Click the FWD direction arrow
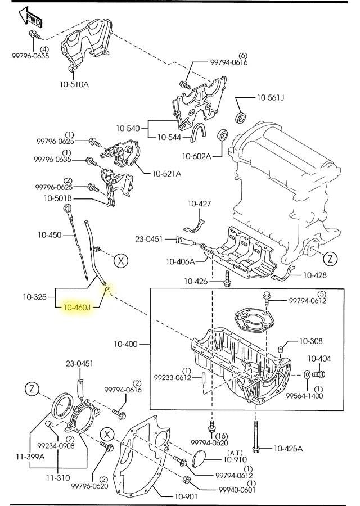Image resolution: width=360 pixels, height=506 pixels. click(30, 17)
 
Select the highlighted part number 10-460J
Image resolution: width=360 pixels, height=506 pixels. click(77, 308)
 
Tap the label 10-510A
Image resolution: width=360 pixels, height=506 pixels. click(74, 84)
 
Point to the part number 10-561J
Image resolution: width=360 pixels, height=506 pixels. click(271, 97)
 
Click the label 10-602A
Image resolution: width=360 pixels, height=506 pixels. click(197, 156)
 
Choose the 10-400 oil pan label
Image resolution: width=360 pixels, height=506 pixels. click(125, 344)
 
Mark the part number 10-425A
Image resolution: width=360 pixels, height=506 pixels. click(289, 448)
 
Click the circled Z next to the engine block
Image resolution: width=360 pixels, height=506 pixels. click(330, 258)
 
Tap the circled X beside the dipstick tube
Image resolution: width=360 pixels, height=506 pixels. click(121, 260)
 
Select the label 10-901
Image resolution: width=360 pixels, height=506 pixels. click(186, 496)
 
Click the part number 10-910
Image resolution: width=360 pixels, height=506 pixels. click(235, 459)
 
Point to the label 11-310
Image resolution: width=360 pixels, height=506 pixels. click(58, 477)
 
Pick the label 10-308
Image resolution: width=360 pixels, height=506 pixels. click(311, 341)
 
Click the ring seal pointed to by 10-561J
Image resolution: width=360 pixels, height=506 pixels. click(241, 118)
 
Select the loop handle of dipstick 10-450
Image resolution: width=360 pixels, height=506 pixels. click(67, 207)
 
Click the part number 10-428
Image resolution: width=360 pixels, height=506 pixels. click(315, 275)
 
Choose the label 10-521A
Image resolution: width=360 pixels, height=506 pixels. click(166, 174)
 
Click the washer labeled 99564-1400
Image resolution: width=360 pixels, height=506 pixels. click(307, 374)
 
